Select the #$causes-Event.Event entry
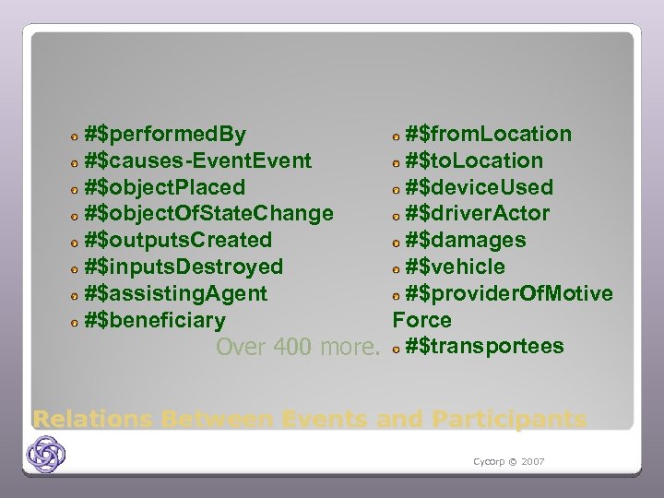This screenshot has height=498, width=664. [197, 161]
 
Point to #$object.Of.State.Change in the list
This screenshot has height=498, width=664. [208, 214]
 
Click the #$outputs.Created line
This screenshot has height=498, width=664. [177, 241]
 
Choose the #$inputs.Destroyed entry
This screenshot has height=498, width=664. [183, 267]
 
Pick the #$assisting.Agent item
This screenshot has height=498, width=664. [175, 294]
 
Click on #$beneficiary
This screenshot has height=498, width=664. [154, 321]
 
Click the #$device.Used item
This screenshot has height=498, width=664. [480, 188]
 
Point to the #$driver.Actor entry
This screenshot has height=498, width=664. [478, 214]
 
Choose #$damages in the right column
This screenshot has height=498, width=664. [466, 241]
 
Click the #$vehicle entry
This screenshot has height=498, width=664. [456, 267]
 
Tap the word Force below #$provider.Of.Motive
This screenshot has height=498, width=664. [422, 321]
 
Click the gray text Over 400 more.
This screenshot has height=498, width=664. [298, 348]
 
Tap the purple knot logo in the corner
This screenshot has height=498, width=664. [46, 454]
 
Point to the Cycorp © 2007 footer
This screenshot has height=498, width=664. [508, 461]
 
